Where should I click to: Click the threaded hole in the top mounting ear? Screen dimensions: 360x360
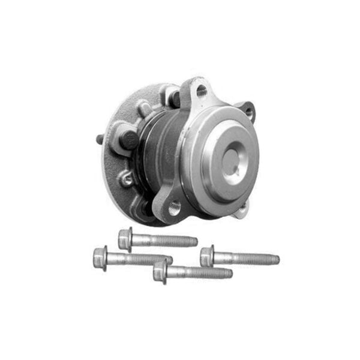pyautogui.click(x=201, y=91)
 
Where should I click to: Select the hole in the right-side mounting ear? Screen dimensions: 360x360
pyautogui.click(x=248, y=112)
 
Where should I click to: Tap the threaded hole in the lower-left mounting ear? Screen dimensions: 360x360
pyautogui.click(x=174, y=208)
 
